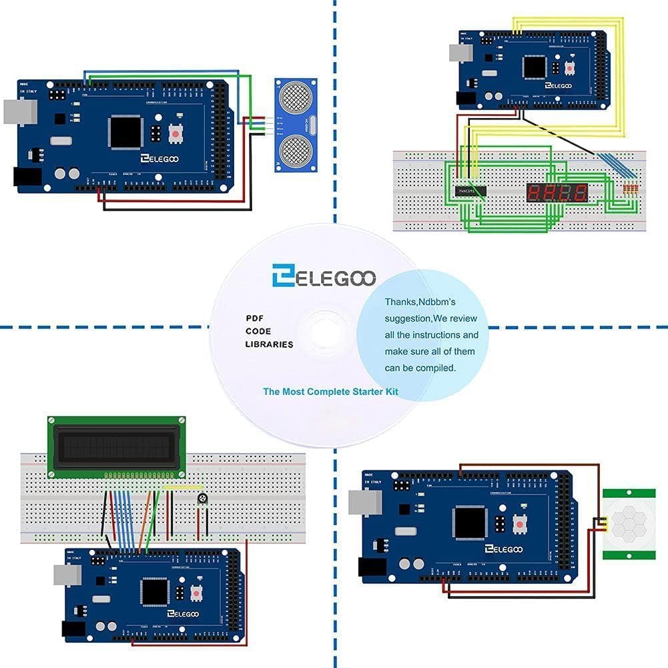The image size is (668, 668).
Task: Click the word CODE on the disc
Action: [258, 331]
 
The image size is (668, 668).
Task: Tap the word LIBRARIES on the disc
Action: [269, 344]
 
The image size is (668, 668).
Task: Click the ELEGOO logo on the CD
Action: [324, 275]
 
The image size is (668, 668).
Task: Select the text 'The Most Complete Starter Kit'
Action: [330, 392]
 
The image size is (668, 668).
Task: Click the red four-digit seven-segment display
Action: [557, 194]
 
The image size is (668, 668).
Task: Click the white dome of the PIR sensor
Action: [629, 522]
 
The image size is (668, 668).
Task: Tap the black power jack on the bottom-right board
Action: [372, 567]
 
